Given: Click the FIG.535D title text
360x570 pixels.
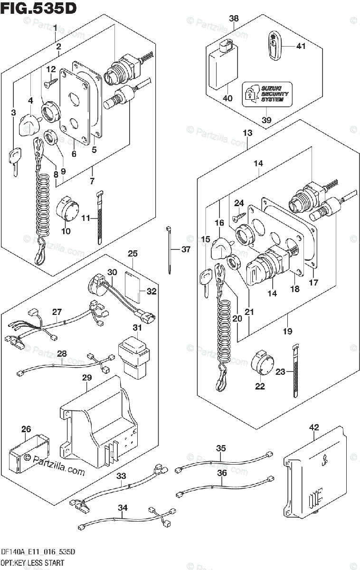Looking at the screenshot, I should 39,8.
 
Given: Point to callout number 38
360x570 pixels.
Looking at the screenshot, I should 234,19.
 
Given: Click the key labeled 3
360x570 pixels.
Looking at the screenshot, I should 15,160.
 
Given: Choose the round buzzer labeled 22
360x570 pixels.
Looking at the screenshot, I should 263,364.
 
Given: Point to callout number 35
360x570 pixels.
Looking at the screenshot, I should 221,448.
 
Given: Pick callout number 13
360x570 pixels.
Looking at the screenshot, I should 247,133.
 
